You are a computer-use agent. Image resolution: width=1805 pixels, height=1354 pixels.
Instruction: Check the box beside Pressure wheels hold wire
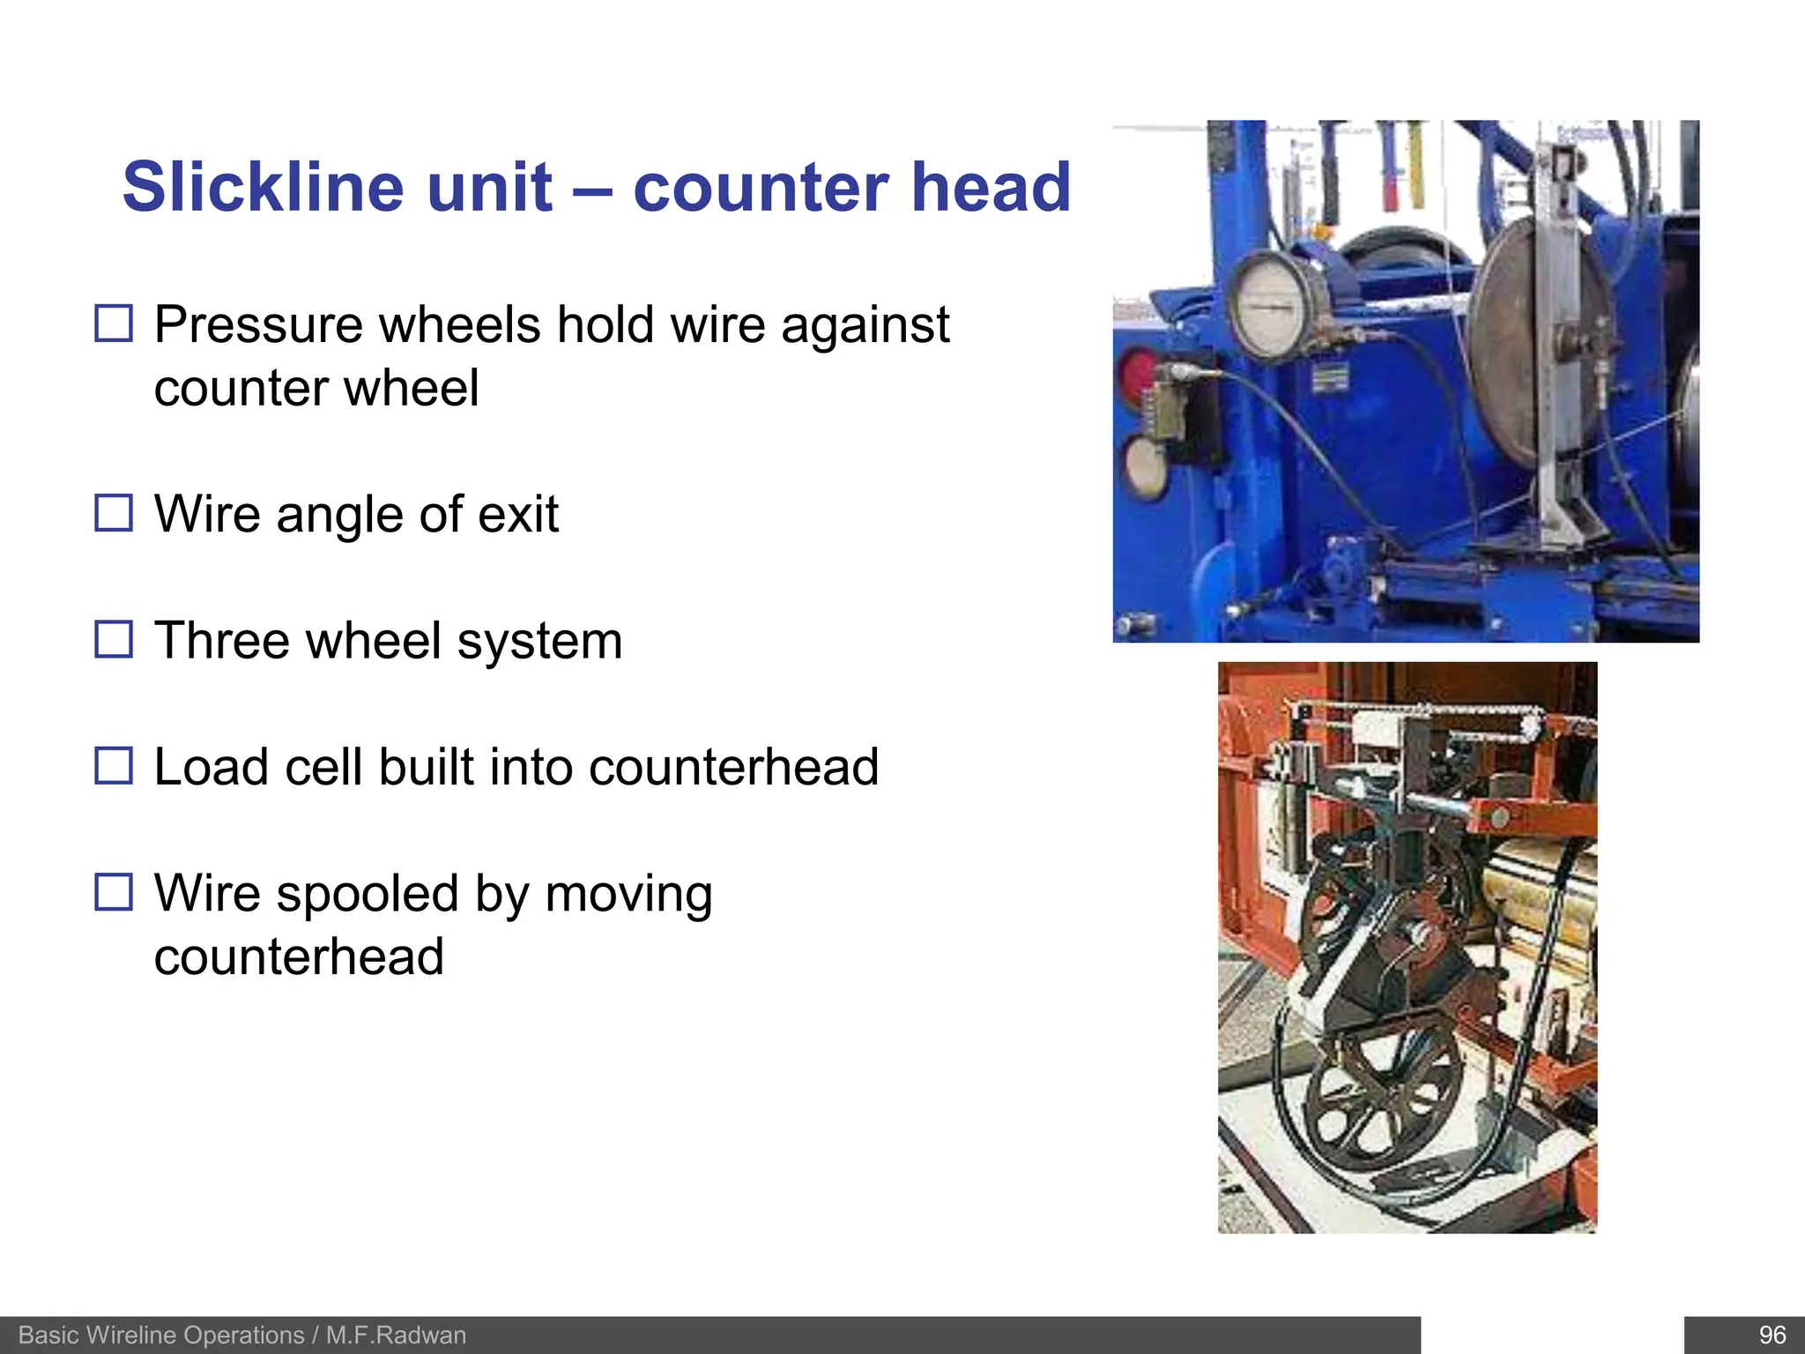point(114,324)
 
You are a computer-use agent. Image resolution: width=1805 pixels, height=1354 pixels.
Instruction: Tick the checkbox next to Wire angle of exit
point(114,513)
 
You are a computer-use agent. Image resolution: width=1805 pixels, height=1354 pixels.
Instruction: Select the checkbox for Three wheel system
point(114,639)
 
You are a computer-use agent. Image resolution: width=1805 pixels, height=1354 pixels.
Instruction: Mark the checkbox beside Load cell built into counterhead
point(114,766)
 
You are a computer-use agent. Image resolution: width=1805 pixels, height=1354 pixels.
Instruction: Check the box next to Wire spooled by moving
point(114,892)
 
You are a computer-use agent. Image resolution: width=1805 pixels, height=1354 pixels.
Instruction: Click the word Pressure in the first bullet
point(259,324)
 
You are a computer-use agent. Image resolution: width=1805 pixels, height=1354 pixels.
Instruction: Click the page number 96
point(1772,1335)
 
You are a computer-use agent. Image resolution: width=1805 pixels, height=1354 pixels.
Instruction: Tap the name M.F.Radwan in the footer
point(396,1335)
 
